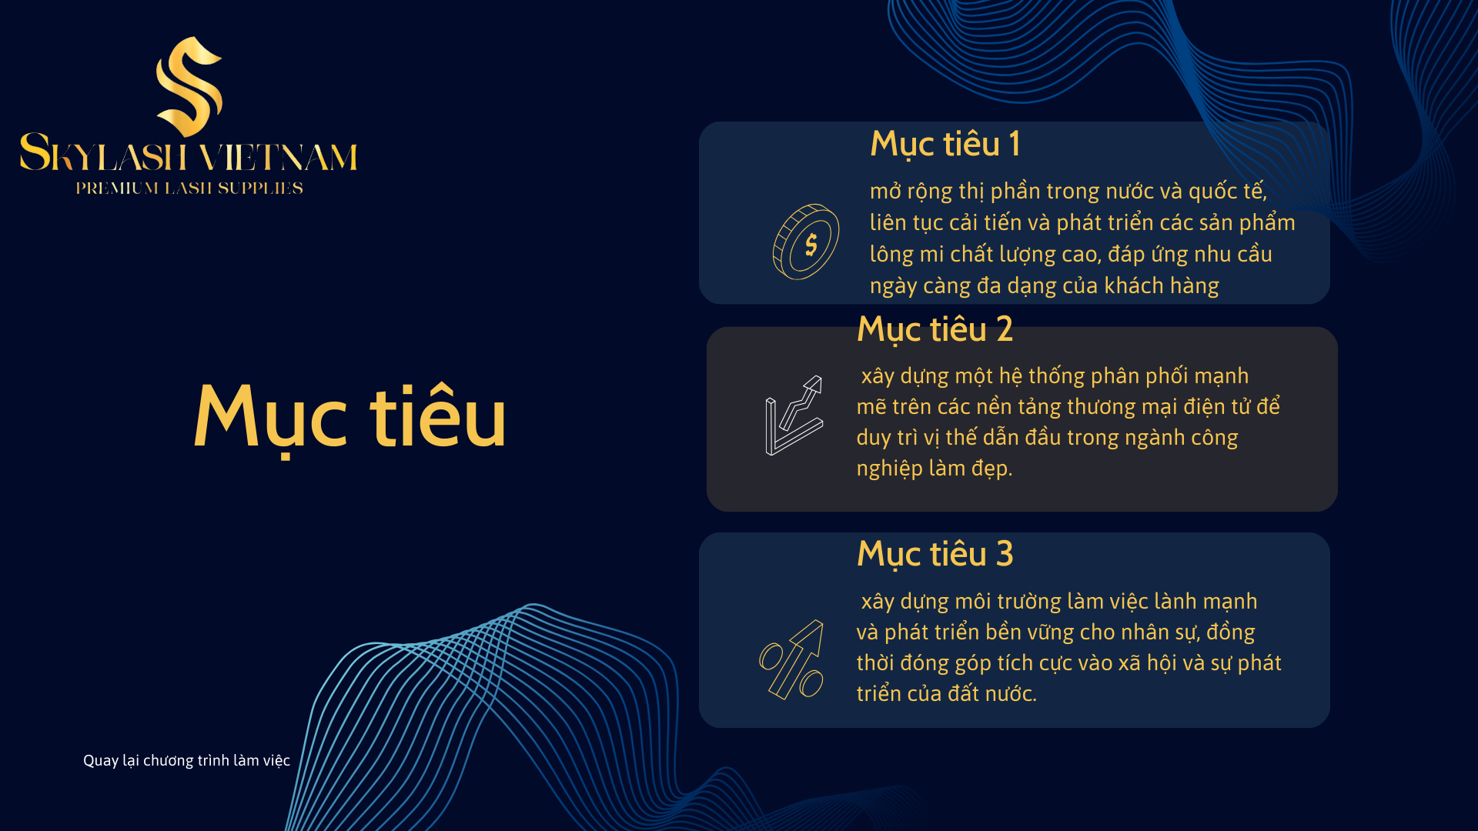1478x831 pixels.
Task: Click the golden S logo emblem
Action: click(189, 86)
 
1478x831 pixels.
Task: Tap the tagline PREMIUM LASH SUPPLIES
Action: click(189, 189)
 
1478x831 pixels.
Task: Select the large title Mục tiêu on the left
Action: click(350, 418)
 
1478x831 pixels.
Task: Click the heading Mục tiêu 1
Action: click(945, 145)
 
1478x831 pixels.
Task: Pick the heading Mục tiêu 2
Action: click(935, 330)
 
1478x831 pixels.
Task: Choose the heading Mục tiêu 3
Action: click(935, 555)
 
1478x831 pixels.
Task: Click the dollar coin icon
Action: click(806, 242)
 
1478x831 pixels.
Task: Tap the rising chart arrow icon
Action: click(794, 415)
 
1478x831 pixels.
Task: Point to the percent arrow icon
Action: click(791, 659)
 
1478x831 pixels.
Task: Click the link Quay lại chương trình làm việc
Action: click(186, 761)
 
